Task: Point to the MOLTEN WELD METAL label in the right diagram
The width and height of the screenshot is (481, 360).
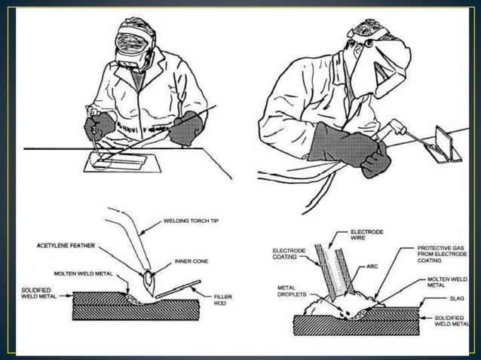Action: point(452,282)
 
